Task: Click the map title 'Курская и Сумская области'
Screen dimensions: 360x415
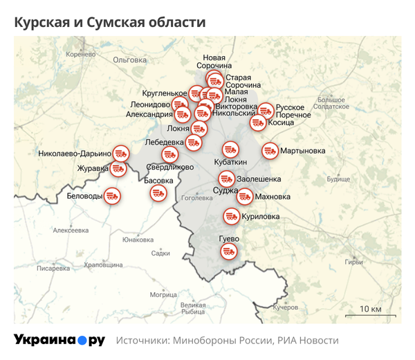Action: pos(110,22)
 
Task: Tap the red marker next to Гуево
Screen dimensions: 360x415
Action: pos(230,252)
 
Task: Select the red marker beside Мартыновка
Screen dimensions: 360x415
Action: pos(270,150)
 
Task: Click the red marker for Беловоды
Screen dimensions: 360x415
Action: pos(113,196)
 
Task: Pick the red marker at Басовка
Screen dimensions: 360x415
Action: pos(158,192)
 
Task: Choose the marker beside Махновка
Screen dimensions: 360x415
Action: pos(245,197)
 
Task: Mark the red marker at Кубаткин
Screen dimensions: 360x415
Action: pos(230,148)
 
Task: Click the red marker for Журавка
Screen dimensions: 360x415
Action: pos(119,168)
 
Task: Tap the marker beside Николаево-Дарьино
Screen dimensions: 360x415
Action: pos(121,153)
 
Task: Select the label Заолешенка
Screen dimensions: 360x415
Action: pos(259,179)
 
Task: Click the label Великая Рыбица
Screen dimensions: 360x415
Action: pos(192,308)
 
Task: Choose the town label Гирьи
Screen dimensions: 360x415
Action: pos(353,262)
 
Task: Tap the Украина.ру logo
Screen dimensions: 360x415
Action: pos(59,340)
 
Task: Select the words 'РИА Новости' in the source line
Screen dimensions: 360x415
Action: pos(307,341)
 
